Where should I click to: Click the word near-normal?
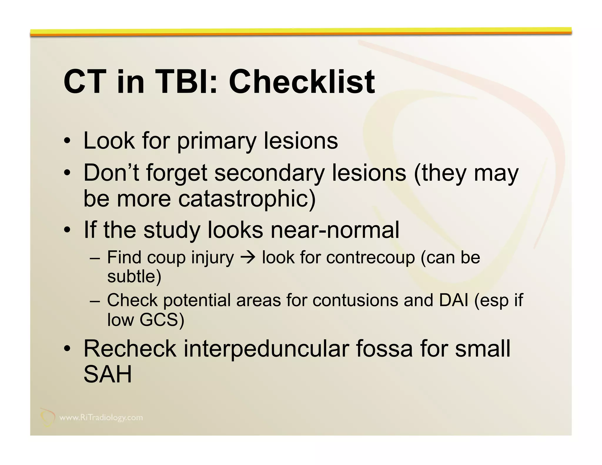coord(335,230)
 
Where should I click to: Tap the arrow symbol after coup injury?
coord(248,258)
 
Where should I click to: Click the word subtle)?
coord(134,276)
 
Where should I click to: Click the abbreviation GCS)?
coord(162,320)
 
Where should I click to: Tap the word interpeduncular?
coord(266,349)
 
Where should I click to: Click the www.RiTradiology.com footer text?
coord(101,418)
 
